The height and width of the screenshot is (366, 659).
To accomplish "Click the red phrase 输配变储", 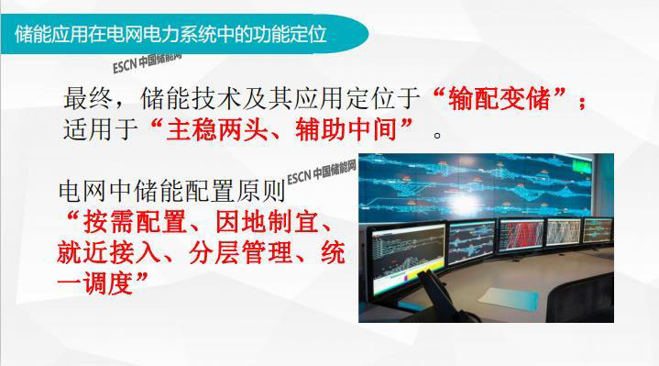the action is click(x=499, y=98).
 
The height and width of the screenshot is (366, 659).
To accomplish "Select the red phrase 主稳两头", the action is click(x=217, y=129).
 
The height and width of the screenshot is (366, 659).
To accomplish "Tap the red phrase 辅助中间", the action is click(x=346, y=129).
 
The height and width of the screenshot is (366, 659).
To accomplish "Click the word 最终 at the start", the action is click(x=88, y=98).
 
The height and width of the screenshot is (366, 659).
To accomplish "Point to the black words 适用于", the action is click(x=101, y=129).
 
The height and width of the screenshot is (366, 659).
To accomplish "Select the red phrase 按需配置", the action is click(x=135, y=222).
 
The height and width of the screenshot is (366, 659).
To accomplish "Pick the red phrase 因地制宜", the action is click(x=267, y=222).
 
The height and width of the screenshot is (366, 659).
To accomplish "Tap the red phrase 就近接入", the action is click(x=108, y=253).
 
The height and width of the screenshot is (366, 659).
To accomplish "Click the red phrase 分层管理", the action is click(x=240, y=253).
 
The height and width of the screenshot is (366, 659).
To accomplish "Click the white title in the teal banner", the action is click(x=170, y=35).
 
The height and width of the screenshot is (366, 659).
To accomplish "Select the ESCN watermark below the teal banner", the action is click(x=147, y=62).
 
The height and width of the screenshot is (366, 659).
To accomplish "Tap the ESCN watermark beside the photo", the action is click(x=322, y=172).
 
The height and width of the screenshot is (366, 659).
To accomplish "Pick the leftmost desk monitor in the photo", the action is click(x=406, y=259).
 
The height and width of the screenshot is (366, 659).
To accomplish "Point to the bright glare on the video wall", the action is click(x=458, y=202).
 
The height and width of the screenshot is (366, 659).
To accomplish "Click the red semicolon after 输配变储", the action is click(x=582, y=102).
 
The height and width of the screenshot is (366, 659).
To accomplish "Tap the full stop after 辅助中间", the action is click(x=437, y=136).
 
